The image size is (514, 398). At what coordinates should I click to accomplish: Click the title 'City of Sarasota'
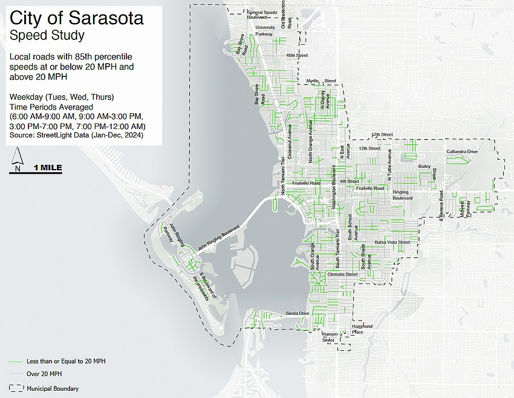[x=77, y=18]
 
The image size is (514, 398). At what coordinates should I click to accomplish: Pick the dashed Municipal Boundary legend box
[x=13, y=388]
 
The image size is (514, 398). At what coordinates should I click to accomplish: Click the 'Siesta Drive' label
[x=298, y=313]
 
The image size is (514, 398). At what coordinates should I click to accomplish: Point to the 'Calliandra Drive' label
[x=462, y=151]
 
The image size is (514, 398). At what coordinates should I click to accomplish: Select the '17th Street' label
[x=382, y=134]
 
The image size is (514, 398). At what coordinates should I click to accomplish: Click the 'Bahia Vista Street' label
[x=392, y=242]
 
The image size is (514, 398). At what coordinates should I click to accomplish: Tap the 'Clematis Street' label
[x=342, y=274]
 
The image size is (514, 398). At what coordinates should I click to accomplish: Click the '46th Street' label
[x=298, y=55]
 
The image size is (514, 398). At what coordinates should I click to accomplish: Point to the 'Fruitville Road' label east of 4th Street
[x=370, y=188]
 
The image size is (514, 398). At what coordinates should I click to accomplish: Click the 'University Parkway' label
[x=265, y=31]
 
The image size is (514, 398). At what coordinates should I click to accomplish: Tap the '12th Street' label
[x=369, y=148]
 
